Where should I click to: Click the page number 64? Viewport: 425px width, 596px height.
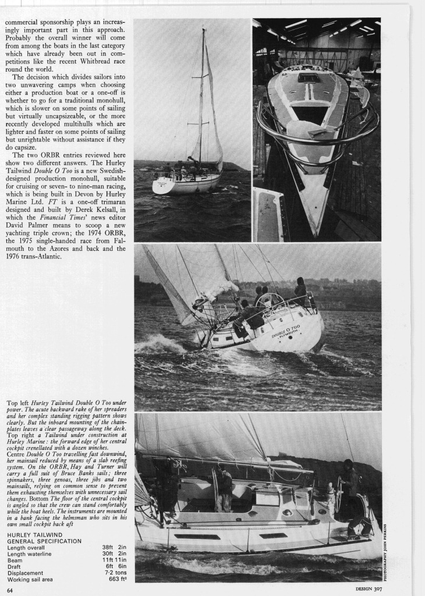(x=10, y=590)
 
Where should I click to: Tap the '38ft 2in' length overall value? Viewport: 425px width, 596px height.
(x=114, y=547)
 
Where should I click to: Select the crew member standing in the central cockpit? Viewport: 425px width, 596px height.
(x=224, y=489)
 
